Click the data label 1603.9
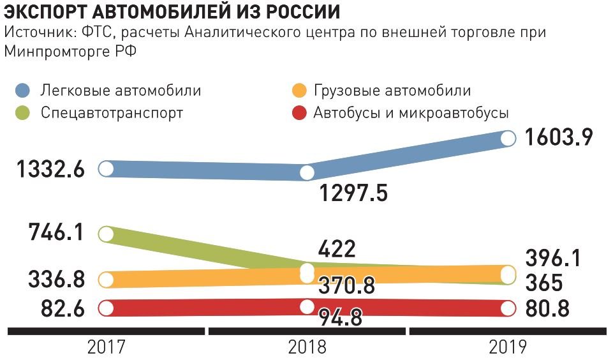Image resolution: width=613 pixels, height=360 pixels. (x=558, y=137)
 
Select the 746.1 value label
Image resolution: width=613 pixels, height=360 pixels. (x=56, y=232)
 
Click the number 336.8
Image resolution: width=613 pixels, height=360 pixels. (x=56, y=279)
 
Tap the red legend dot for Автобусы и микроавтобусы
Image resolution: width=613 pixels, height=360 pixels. (x=297, y=113)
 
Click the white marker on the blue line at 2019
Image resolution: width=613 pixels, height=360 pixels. (x=508, y=138)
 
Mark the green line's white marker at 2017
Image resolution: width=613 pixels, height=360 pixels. (x=106, y=233)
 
